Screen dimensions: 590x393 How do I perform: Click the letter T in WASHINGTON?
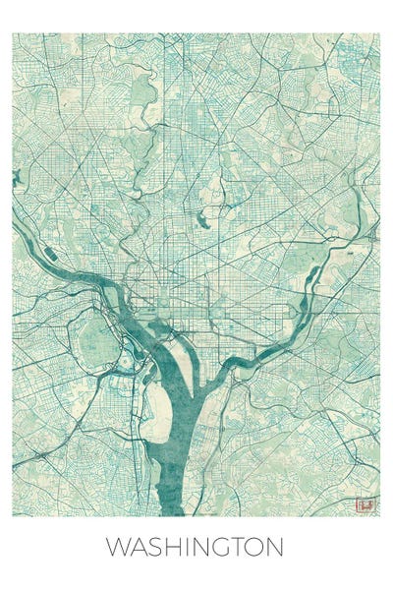pos(241,548)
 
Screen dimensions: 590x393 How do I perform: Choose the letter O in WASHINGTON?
pos(259,548)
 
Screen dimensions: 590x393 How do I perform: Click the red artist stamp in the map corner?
pos(365,505)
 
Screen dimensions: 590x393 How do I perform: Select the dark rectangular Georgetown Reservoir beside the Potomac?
pos(50,255)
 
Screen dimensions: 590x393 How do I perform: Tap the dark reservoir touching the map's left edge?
pos(16,178)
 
